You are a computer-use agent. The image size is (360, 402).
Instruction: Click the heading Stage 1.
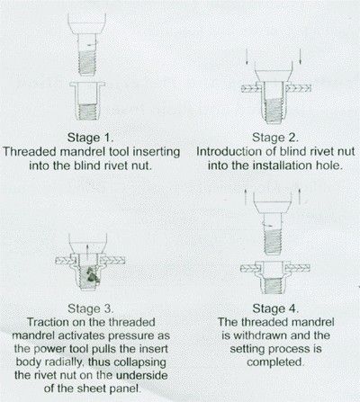pos(91,138)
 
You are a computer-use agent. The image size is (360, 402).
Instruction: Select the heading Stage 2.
pos(275,138)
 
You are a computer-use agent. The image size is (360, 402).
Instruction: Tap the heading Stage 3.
pos(91,308)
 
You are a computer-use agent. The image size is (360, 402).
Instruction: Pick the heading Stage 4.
pos(275,308)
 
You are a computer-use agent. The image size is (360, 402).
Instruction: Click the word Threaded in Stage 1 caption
pos(30,151)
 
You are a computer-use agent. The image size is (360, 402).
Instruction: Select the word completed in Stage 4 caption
pos(275,362)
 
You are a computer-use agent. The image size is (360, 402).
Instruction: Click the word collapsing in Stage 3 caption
pos(139,362)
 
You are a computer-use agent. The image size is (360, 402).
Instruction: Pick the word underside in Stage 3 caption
pos(141,375)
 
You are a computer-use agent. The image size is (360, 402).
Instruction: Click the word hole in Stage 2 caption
pos(329,165)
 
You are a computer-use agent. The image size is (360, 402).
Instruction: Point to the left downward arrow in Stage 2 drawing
pos(247,56)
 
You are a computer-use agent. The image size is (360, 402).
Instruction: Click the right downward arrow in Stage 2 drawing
pos(300,56)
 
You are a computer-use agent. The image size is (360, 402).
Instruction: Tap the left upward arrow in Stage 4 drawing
pos(246,196)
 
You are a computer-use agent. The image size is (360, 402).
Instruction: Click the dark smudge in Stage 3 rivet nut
pos(91,275)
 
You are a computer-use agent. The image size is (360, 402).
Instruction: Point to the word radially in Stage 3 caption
pos(64,362)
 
